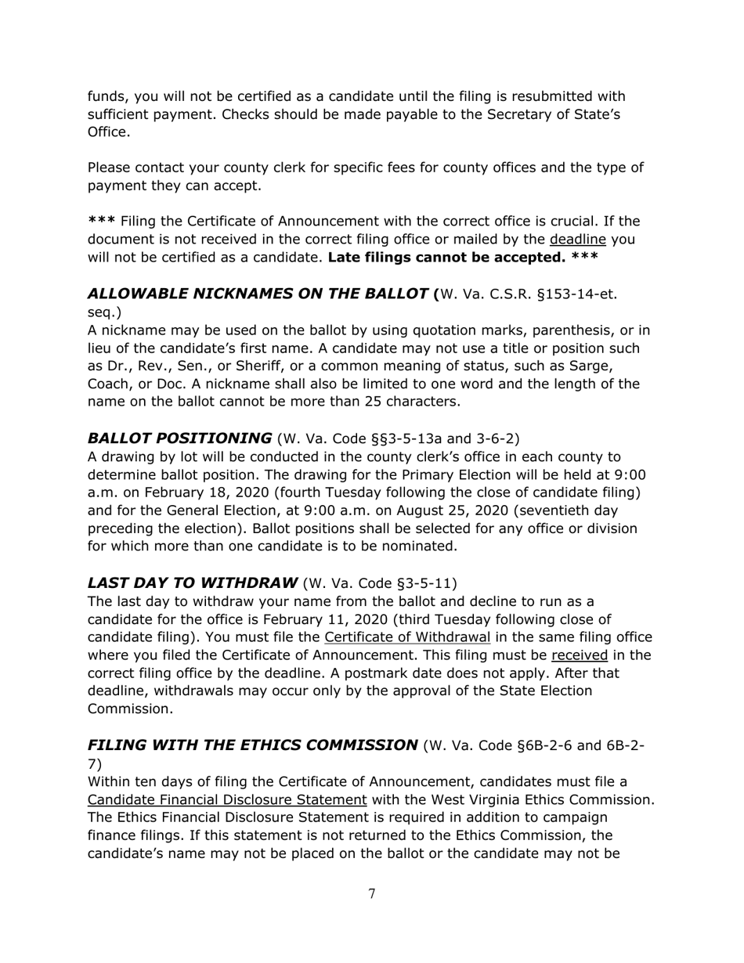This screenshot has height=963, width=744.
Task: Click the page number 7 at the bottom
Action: [x=371, y=894]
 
